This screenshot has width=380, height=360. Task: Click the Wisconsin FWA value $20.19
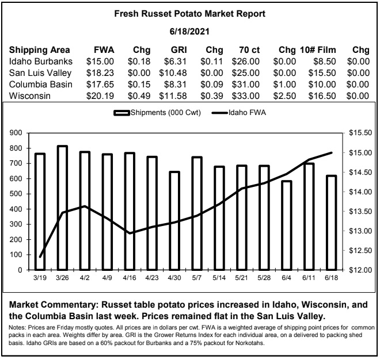100,96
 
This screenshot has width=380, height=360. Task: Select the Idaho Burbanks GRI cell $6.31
175,62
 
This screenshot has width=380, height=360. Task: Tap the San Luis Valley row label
40,73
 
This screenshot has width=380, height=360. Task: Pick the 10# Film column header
318,50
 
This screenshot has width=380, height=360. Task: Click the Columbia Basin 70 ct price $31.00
245,85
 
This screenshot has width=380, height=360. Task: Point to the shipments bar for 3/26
62,208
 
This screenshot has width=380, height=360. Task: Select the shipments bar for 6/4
287,225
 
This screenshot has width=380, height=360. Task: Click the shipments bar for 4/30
174,221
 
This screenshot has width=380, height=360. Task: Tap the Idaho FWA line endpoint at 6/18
332,153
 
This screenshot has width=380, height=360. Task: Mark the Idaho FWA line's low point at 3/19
40,257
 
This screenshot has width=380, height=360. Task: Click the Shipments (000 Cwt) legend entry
157,113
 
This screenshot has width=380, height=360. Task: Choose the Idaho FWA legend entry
239,113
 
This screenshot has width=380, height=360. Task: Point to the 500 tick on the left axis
16,194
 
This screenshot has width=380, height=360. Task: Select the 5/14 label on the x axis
219,278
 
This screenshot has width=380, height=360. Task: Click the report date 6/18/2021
189,32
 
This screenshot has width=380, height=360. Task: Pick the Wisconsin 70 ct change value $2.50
284,96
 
